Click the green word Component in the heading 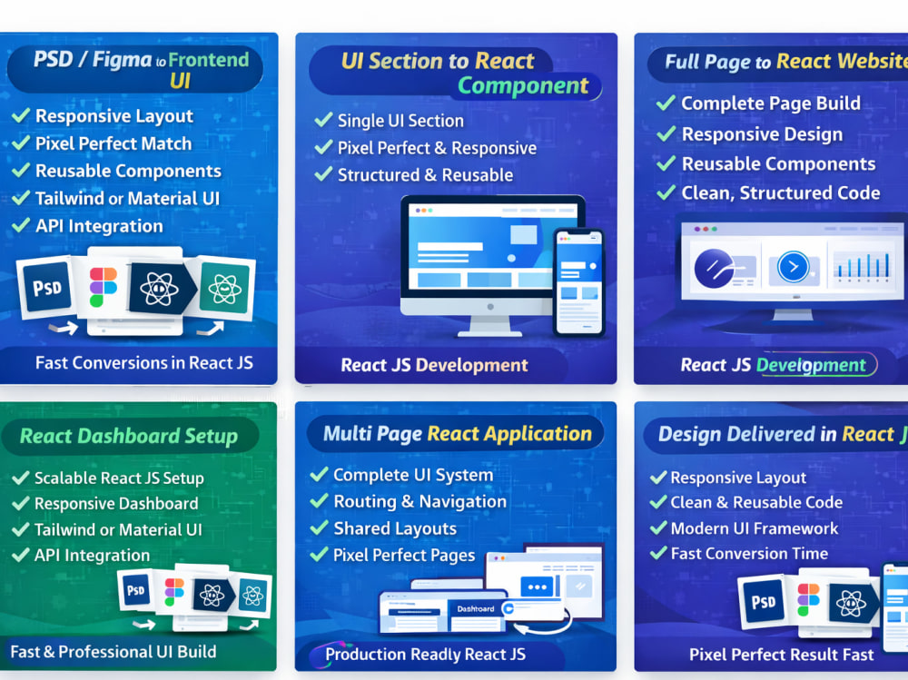tap(523, 85)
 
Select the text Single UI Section tap(400, 121)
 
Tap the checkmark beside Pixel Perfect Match tap(21, 143)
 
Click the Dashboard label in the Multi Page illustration tap(476, 609)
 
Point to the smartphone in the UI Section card tap(578, 282)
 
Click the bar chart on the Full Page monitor tap(861, 266)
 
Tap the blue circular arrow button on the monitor tap(793, 267)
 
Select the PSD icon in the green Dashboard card tap(135, 590)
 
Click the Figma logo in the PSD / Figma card tap(104, 287)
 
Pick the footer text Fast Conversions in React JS tap(144, 363)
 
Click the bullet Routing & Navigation tap(419, 501)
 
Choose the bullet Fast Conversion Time tap(749, 554)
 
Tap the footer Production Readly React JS tap(425, 655)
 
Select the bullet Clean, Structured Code tap(781, 192)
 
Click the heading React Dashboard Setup tap(129, 436)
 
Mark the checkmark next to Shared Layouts tap(319, 527)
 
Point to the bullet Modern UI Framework tap(754, 528)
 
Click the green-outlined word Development tap(811, 365)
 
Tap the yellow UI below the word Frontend tap(180, 81)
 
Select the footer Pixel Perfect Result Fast tap(781, 655)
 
